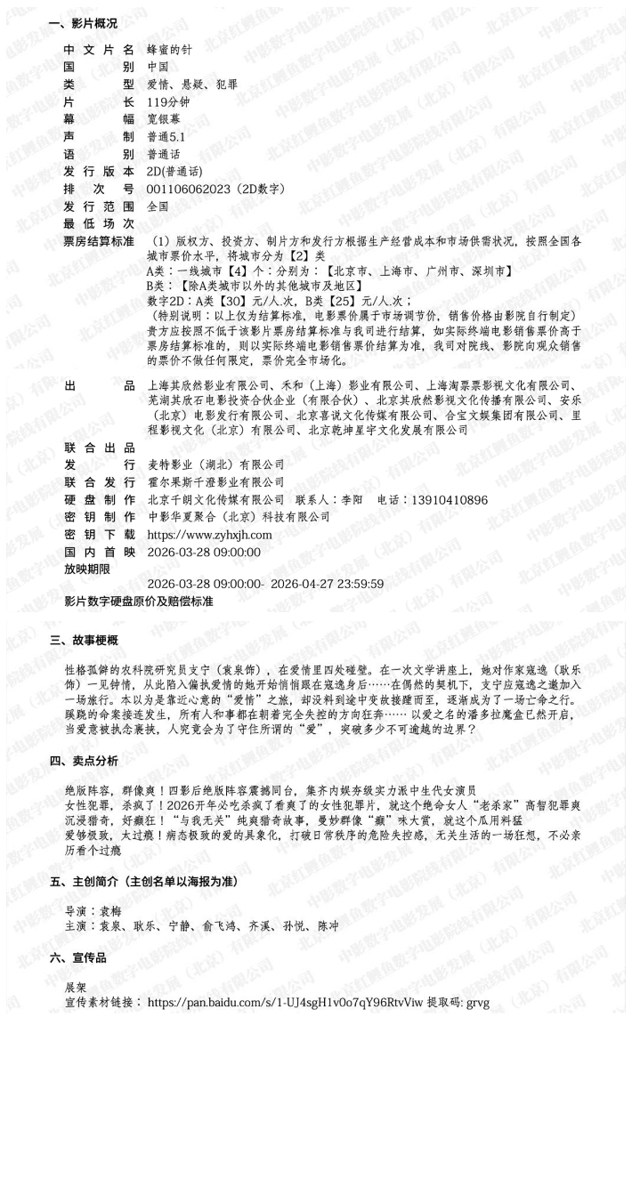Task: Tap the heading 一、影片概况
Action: (x=83, y=24)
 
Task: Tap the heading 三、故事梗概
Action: (x=83, y=640)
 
